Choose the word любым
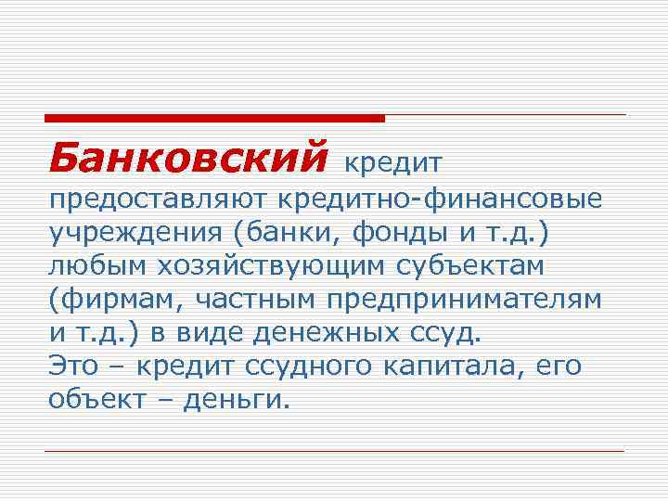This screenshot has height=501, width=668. pos(98,267)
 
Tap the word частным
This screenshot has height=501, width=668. pos(250,300)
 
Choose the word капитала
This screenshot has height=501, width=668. pos(453,366)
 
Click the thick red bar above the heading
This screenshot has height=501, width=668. pos(214,118)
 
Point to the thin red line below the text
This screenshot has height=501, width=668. pos(335,451)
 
